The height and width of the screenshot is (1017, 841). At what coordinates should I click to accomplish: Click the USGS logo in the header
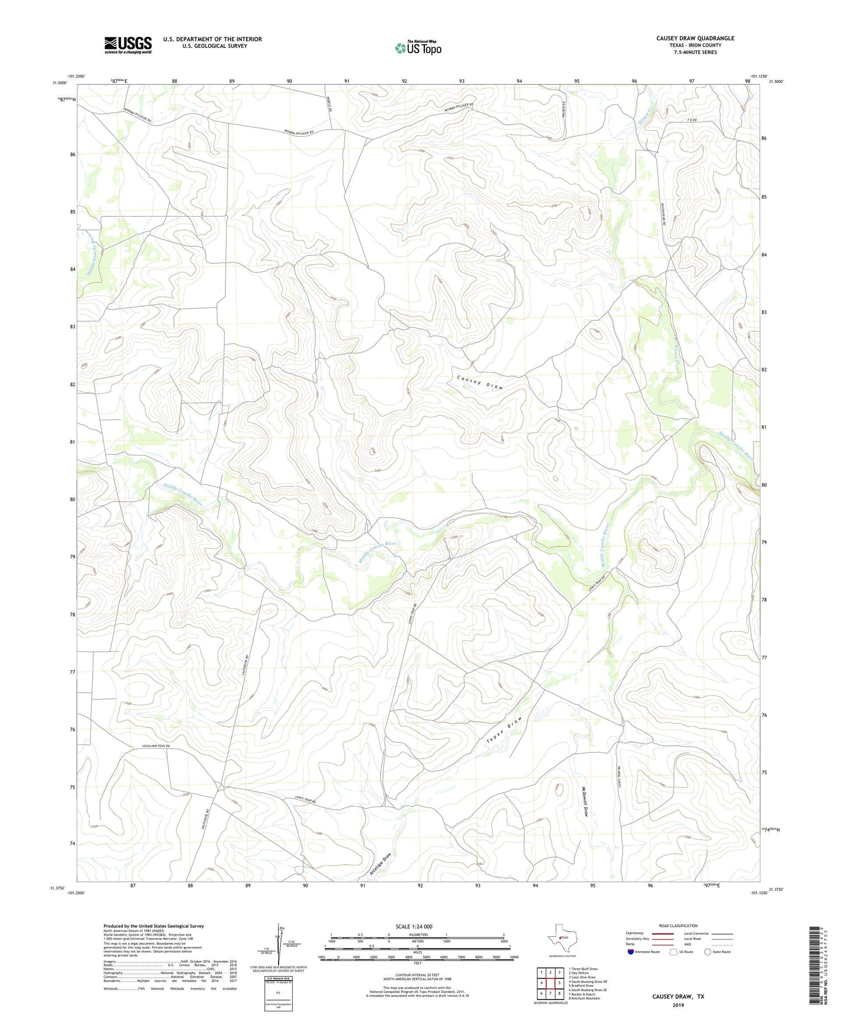tap(128, 45)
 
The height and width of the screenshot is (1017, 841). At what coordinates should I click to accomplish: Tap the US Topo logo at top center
tap(418, 48)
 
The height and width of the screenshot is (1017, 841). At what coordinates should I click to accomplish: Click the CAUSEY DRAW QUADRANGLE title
tap(695, 38)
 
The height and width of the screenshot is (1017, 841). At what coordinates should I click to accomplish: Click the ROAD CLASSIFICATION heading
tap(678, 926)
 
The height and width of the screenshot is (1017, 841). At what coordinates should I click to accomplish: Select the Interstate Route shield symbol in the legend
tap(631, 952)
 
